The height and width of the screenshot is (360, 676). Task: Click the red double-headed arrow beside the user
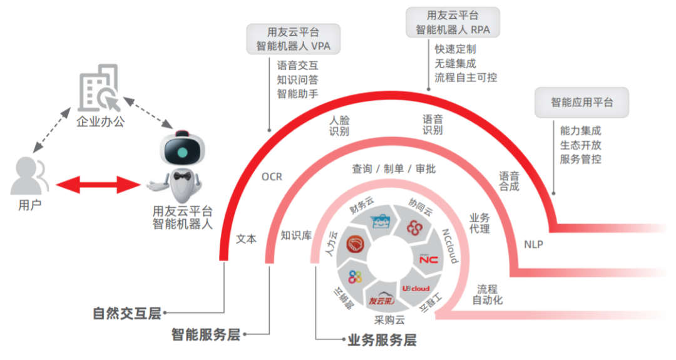[98, 185]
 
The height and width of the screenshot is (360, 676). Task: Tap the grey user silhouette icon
[29, 176]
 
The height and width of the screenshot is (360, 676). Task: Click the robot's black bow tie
[182, 176]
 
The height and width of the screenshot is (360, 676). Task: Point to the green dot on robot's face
[182, 152]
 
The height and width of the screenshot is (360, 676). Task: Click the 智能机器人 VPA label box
[293, 39]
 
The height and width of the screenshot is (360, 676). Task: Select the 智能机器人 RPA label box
[453, 23]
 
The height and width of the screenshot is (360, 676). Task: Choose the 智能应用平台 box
[581, 103]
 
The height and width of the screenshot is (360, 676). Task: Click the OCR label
[272, 177]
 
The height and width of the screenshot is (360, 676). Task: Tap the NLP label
[533, 244]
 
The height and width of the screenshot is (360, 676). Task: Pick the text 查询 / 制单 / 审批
[394, 169]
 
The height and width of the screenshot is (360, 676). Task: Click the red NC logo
[429, 259]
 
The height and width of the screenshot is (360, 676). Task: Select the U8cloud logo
[416, 289]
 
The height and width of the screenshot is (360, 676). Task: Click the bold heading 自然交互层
[126, 314]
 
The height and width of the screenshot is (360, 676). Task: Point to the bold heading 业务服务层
[382, 340]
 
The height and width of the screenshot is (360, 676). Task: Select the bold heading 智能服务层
[206, 334]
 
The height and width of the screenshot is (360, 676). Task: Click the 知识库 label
[296, 235]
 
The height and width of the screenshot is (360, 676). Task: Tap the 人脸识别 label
[339, 125]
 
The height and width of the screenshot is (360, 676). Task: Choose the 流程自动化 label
[487, 295]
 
